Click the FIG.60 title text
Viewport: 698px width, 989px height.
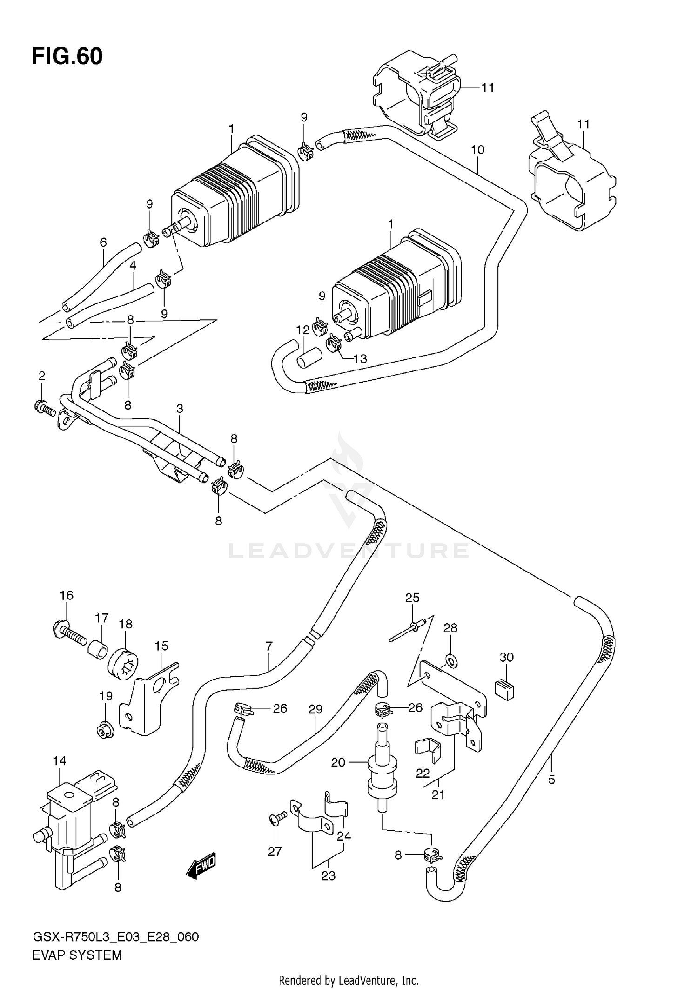(x=67, y=57)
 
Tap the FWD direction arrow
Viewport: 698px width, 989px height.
(x=201, y=866)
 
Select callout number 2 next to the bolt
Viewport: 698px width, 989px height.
(x=42, y=376)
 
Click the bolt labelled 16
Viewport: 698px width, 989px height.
(x=70, y=634)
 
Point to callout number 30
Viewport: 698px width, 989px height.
(x=506, y=657)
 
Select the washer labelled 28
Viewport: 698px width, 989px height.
(x=450, y=659)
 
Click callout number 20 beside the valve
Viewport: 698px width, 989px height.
(x=338, y=762)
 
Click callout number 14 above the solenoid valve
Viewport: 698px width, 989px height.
(x=59, y=761)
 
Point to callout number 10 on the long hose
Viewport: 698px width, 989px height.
(x=477, y=150)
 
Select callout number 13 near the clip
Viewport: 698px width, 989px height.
(x=360, y=358)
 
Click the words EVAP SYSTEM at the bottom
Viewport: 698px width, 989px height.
(x=77, y=955)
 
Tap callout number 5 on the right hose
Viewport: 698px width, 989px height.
(x=551, y=779)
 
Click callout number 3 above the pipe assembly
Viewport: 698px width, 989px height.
(x=180, y=409)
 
